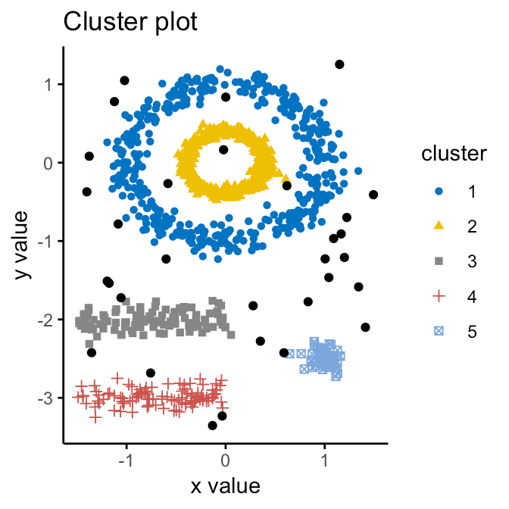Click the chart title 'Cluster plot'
[x=130, y=22]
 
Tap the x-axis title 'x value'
[x=225, y=486]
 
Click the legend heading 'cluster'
[x=454, y=154]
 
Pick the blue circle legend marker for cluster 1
[x=441, y=191]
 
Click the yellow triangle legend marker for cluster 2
[x=441, y=226]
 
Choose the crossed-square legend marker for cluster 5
[x=441, y=331]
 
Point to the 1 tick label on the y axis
[x=51, y=84]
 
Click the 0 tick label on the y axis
[x=51, y=163]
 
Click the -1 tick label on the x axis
[x=126, y=459]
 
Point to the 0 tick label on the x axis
[x=225, y=459]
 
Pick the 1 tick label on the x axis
[x=325, y=459]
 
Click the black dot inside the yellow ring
[x=223, y=150]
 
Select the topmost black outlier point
[x=339, y=64]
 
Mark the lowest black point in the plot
[x=213, y=426]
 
